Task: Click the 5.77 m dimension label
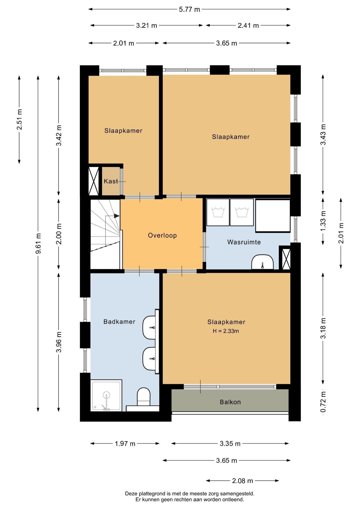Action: pos(189,10)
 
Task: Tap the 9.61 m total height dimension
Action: pos(38,243)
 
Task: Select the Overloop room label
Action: pos(162,235)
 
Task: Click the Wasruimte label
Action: pos(244,242)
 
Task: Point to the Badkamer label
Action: pos(119,322)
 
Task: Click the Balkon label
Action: pos(230,402)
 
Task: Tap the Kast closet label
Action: pos(111,181)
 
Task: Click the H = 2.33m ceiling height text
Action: pos(226,331)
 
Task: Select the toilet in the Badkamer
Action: pos(143,397)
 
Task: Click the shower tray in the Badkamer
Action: pos(106,395)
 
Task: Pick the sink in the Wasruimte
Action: pos(262,262)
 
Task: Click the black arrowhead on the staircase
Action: pos(117,216)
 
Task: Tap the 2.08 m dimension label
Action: pos(243,481)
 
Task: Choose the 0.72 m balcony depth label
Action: pos(323,402)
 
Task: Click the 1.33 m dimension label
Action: pos(323,221)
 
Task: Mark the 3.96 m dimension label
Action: pos(59,342)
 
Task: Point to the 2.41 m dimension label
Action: pos(248,26)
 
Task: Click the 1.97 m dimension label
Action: pos(125,444)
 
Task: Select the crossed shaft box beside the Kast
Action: pos(94,181)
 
